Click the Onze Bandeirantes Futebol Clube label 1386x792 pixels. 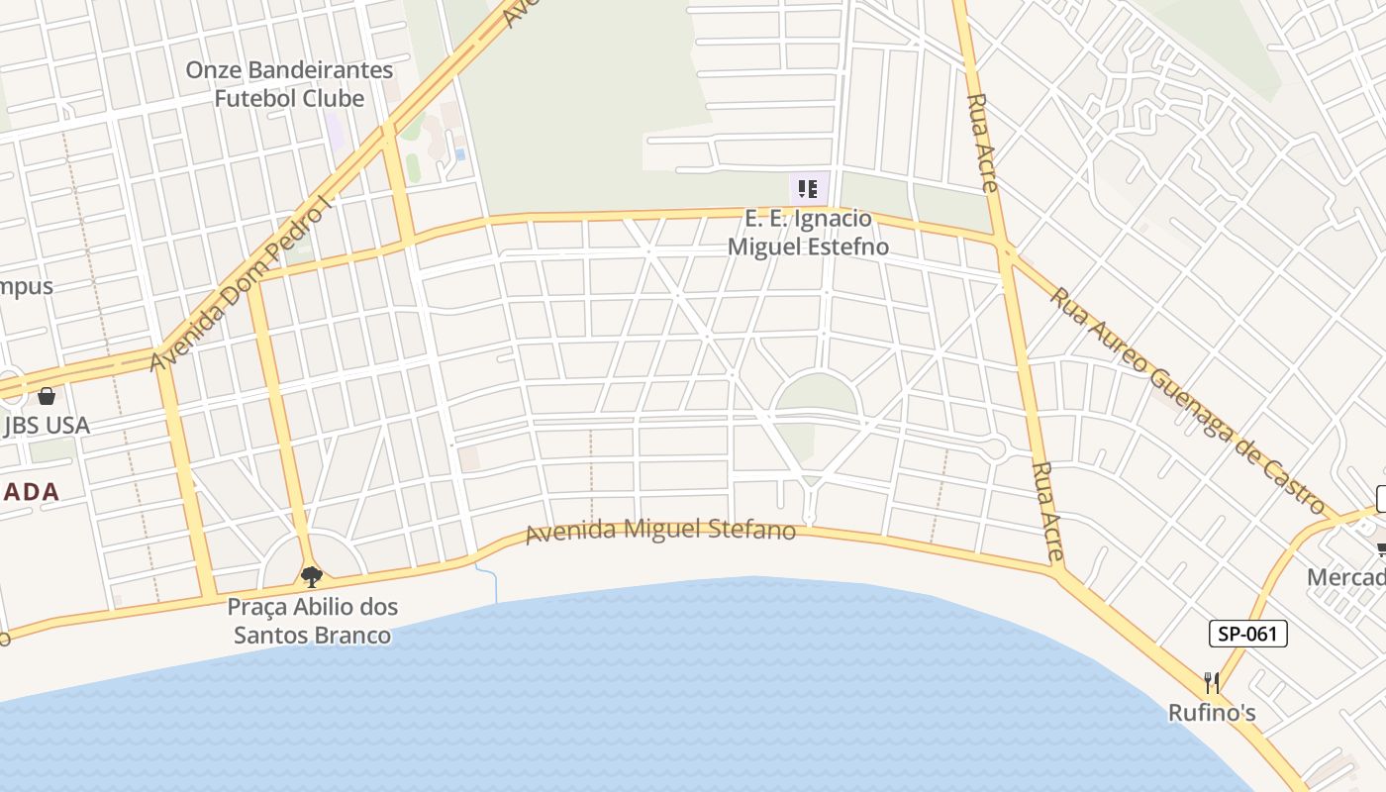coord(289,84)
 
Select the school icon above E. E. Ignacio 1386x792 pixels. coord(808,188)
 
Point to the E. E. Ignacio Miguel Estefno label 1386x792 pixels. coord(808,233)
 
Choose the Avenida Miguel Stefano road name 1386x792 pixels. coord(660,531)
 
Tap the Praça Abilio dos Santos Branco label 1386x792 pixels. coord(312,621)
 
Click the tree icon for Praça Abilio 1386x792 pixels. coord(312,576)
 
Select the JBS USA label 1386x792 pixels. coord(47,426)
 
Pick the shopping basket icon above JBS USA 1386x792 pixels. coord(47,396)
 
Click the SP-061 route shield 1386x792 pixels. coord(1247,634)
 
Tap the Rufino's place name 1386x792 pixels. coord(1212,713)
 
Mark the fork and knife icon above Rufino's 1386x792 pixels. coord(1212,682)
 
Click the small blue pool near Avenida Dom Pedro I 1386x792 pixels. coord(459,155)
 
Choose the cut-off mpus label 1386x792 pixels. coord(27,287)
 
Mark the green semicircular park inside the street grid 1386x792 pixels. coord(817,394)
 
